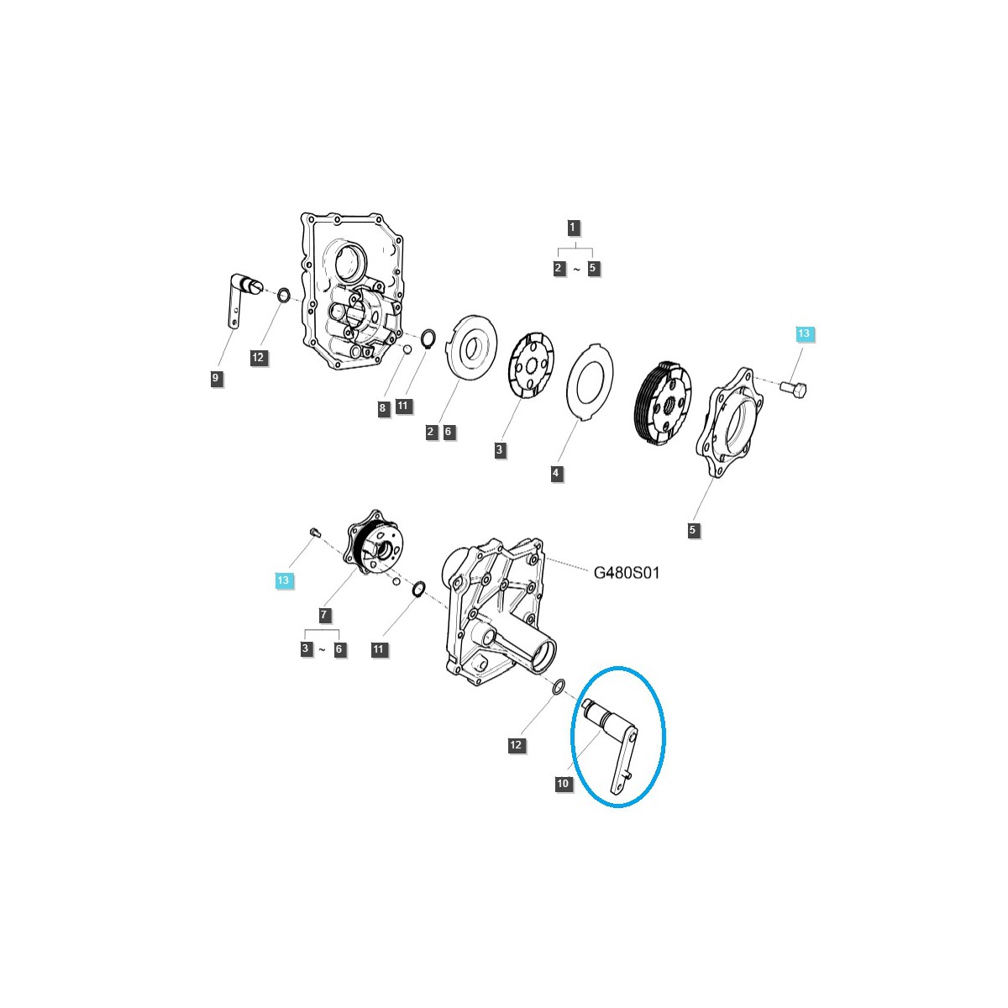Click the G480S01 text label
627,573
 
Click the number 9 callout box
216,379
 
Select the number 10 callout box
563,784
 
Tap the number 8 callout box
382,408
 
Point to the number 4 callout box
556,474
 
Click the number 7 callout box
325,616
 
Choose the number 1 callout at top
573,227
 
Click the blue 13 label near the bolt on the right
804,334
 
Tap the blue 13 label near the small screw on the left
284,580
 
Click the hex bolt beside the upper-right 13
793,389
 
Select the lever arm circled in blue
617,739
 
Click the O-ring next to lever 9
284,296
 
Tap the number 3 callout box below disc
500,450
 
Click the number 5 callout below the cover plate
693,530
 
